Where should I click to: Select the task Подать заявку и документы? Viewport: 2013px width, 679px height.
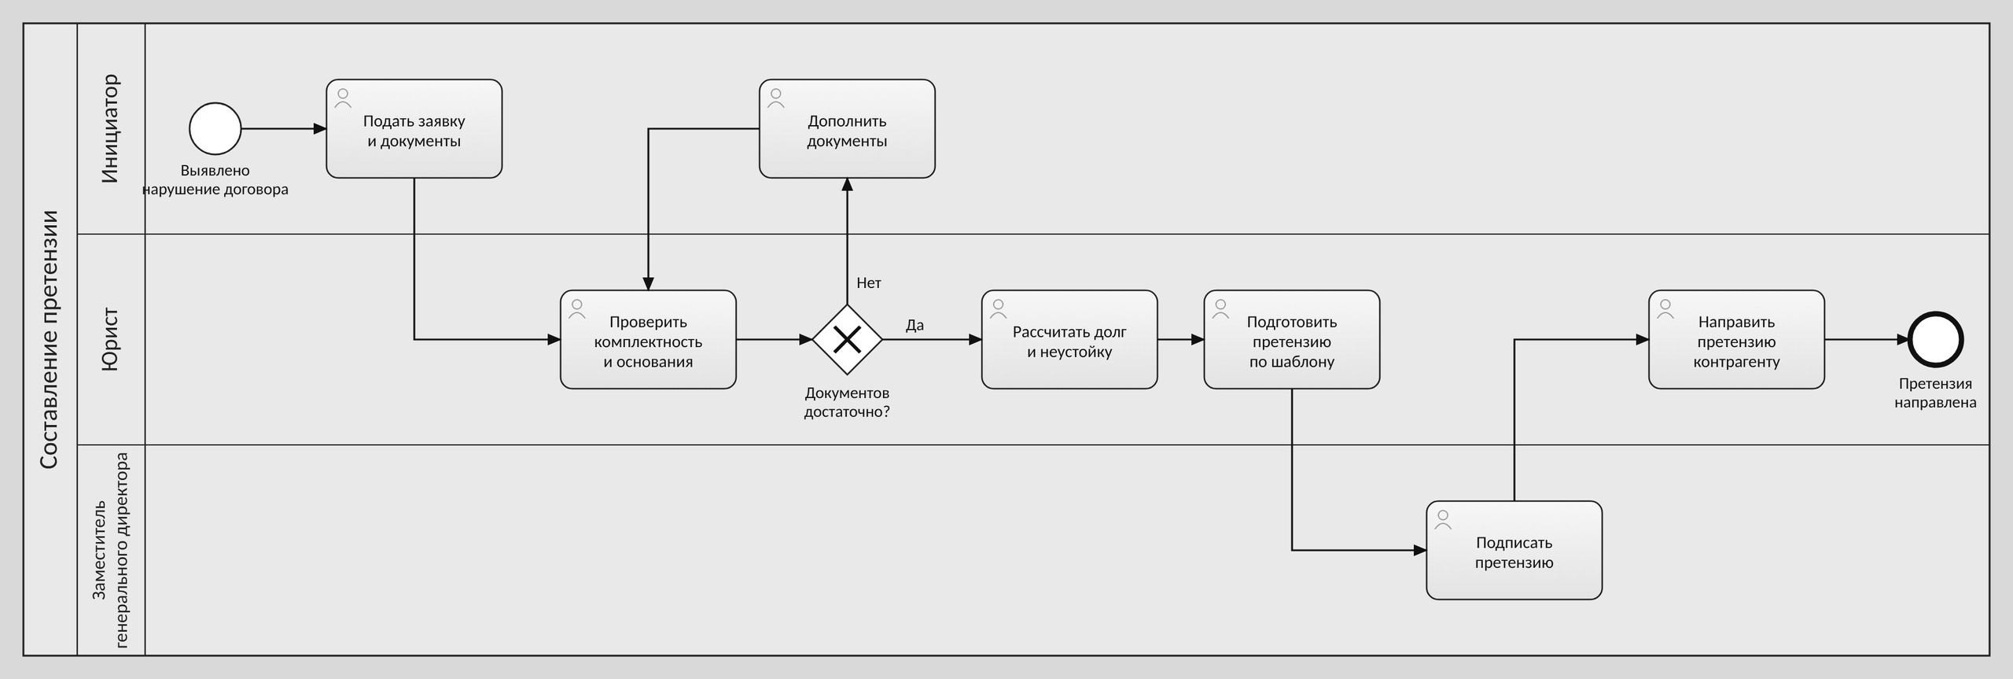414,129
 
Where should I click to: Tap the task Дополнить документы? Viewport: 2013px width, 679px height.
847,129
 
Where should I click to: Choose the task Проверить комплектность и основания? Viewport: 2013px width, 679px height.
648,340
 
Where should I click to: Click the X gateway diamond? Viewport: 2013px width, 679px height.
847,340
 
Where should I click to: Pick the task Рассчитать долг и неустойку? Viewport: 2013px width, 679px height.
1069,340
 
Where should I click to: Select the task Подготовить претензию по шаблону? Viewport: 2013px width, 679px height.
1292,340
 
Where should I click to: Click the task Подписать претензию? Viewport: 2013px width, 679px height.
1514,551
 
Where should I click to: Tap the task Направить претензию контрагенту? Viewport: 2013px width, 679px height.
1736,340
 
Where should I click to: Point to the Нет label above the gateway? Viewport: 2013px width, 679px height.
869,283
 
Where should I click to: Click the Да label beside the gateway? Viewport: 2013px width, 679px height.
914,326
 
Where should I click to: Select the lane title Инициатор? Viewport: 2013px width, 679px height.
110,129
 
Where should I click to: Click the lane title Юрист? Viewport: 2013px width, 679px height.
110,340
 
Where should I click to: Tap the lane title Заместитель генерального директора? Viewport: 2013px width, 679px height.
110,551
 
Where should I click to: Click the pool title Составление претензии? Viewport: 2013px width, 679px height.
49,340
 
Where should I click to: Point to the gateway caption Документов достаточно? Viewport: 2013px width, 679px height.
847,402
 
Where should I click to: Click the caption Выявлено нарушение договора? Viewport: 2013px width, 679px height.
215,180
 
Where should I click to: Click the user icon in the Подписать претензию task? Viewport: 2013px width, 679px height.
1443,519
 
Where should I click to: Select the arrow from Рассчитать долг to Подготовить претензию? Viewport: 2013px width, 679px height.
1181,340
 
